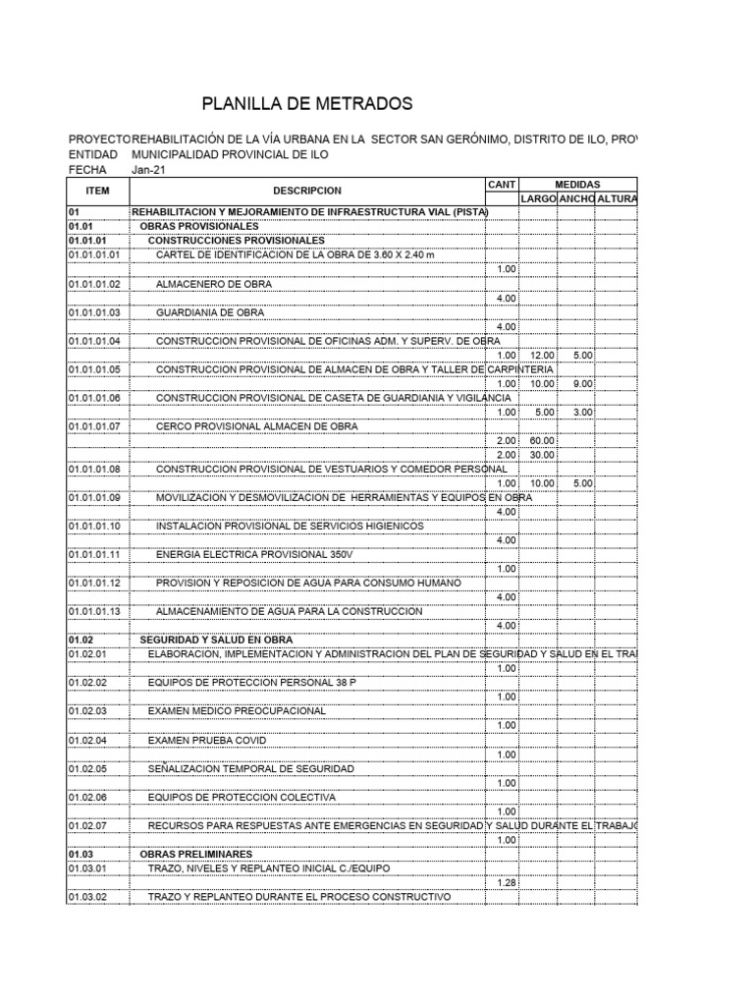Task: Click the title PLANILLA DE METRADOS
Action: tap(307, 104)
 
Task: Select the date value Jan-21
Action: tap(149, 169)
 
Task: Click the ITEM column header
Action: tap(97, 191)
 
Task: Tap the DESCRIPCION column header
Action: tap(307, 191)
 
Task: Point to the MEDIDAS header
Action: tap(577, 184)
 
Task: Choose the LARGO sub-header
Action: tap(538, 198)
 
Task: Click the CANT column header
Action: tap(501, 184)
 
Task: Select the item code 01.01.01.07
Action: tap(93, 426)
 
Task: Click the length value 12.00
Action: tap(542, 355)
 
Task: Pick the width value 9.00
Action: tap(583, 383)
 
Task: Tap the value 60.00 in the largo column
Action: tap(542, 440)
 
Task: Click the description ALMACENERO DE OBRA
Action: tap(214, 284)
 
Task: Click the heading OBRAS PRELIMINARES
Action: tap(196, 854)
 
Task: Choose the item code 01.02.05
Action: tap(86, 768)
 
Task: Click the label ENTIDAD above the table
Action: tap(92, 155)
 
